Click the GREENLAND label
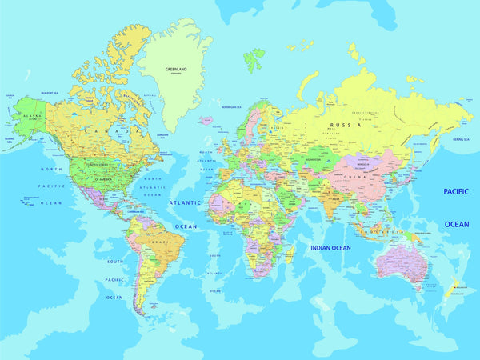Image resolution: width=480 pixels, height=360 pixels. [x=176, y=69]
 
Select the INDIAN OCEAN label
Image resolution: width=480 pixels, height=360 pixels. [x=330, y=248]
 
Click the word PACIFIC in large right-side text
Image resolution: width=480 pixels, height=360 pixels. [x=456, y=191]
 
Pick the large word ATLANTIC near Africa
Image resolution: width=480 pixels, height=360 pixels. [x=185, y=203]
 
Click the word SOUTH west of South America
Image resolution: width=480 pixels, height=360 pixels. [x=116, y=262]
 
